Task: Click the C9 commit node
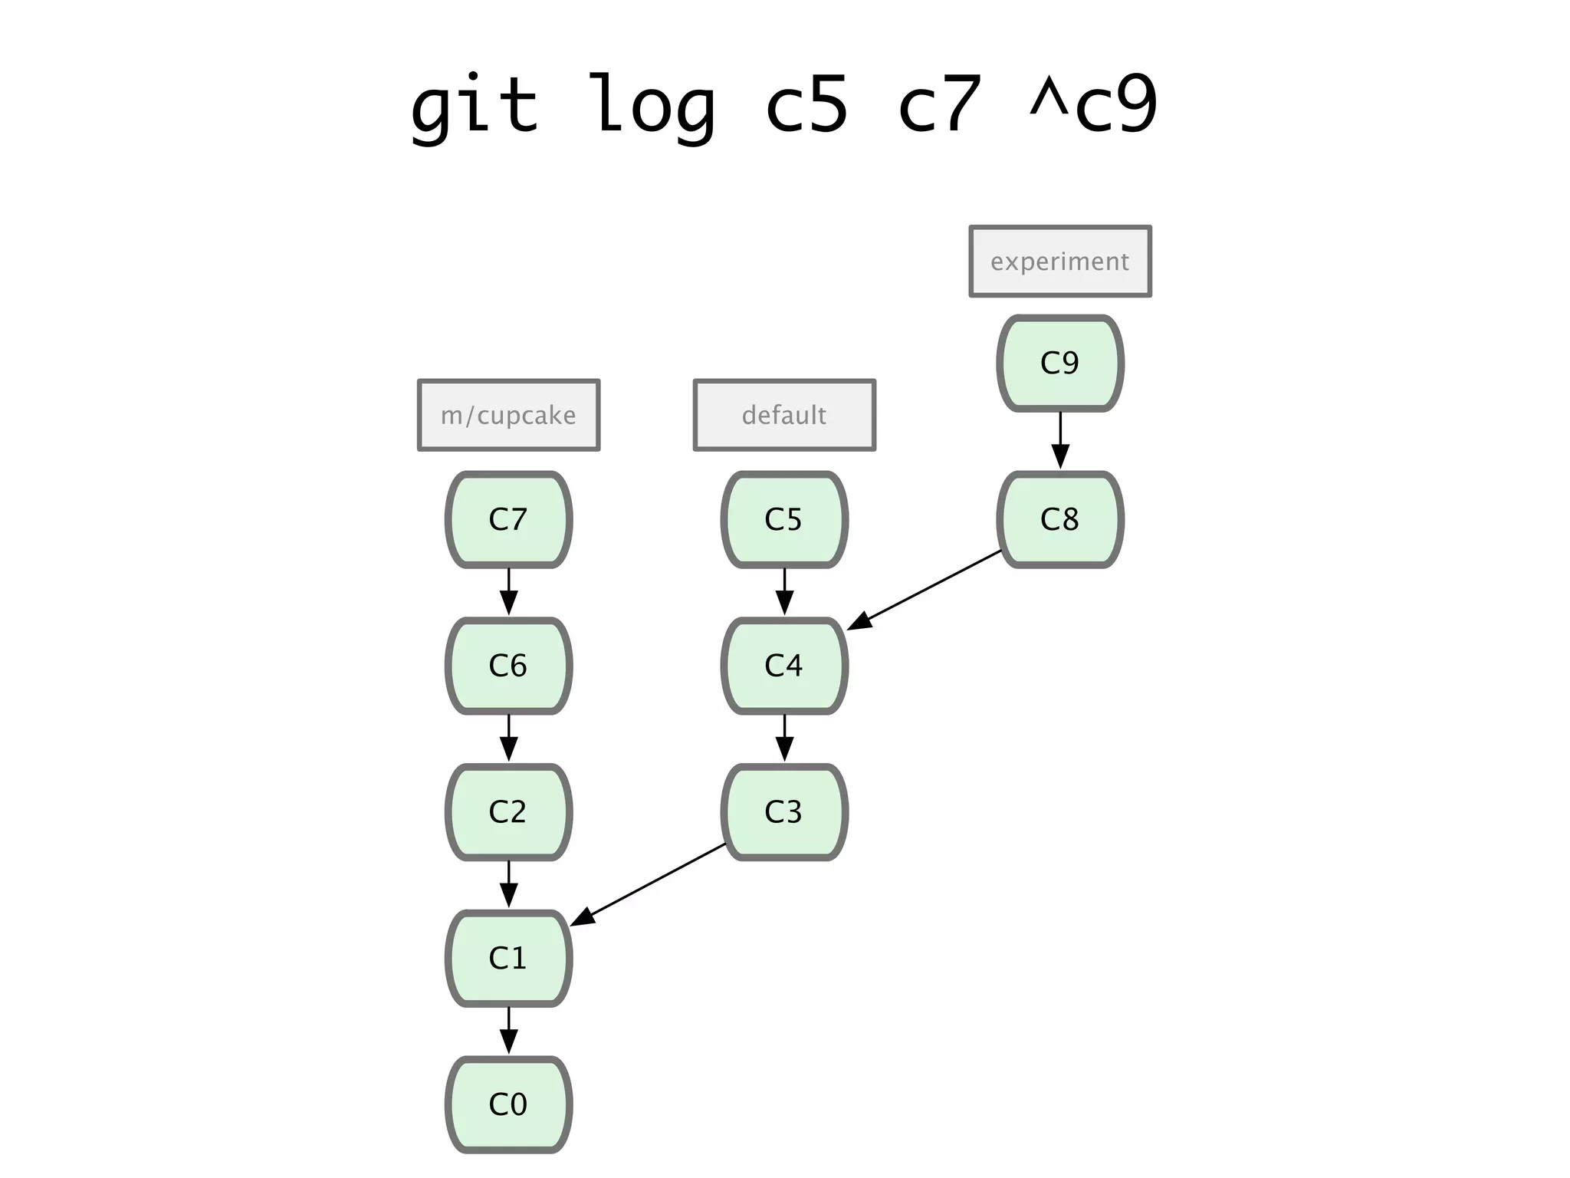pyautogui.click(x=1060, y=364)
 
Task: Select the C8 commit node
pyautogui.click(x=1060, y=520)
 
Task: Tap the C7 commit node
pyautogui.click(x=508, y=520)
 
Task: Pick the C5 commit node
pyautogui.click(x=784, y=520)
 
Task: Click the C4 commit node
pyautogui.click(x=784, y=666)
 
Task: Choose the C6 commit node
pyautogui.click(x=508, y=666)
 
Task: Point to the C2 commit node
pyautogui.click(x=508, y=812)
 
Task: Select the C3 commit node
pyautogui.click(x=784, y=812)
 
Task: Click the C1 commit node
pyautogui.click(x=508, y=959)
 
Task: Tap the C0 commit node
pyautogui.click(x=508, y=1105)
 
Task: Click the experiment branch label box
pyautogui.click(x=1060, y=262)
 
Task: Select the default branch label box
pyautogui.click(x=784, y=415)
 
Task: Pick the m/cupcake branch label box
pyautogui.click(x=508, y=415)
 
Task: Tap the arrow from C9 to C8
pyautogui.click(x=1060, y=441)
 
